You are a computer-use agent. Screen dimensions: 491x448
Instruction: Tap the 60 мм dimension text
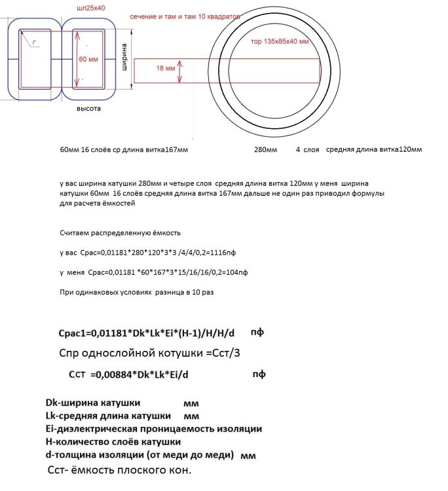87,58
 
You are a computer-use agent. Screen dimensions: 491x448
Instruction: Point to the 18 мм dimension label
166,67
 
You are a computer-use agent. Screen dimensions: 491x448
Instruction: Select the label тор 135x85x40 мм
280,41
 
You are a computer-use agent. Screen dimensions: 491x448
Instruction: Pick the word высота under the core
88,109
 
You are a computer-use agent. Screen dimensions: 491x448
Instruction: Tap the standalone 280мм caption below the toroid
266,150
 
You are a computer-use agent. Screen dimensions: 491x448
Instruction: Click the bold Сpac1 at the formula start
73,334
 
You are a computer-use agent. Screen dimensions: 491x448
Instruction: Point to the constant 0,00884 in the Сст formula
110,376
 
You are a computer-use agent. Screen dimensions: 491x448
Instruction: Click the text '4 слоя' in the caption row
307,150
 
